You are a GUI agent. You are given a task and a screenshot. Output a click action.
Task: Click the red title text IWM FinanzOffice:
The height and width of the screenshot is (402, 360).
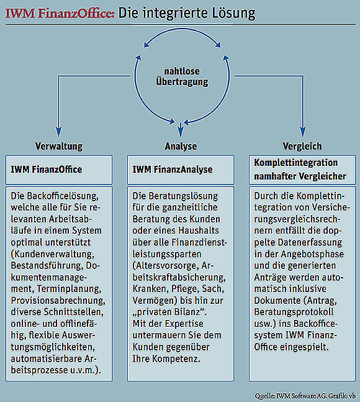pos(60,13)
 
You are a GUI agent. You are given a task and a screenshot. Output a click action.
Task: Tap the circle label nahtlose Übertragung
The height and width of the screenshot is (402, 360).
pos(182,76)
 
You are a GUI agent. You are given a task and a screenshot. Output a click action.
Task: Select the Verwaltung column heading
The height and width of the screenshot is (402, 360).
pos(59,146)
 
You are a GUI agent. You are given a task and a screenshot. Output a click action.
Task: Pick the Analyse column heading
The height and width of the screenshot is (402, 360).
pos(181,146)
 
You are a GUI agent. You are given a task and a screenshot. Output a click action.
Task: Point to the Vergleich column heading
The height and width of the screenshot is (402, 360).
pos(302,146)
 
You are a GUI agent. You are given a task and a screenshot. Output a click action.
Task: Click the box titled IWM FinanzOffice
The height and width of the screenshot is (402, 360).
pos(59,170)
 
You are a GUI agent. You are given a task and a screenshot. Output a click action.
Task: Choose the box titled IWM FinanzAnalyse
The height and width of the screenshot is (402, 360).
pos(181,170)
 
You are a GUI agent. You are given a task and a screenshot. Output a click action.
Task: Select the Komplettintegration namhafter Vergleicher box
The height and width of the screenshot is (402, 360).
pos(302,170)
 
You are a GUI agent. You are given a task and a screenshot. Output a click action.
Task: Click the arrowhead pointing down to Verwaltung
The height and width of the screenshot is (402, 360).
pos(59,132)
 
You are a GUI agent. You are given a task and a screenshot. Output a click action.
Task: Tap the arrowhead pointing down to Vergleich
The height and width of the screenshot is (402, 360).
pos(303,132)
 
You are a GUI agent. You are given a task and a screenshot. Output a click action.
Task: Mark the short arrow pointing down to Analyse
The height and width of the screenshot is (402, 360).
pos(181,130)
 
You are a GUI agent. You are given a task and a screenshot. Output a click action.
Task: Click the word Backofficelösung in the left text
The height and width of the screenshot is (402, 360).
pos(63,196)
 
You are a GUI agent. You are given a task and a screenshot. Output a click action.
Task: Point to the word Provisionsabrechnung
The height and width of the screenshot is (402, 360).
pos(58,301)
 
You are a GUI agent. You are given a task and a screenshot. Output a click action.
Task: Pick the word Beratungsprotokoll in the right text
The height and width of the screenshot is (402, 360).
pos(294,312)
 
